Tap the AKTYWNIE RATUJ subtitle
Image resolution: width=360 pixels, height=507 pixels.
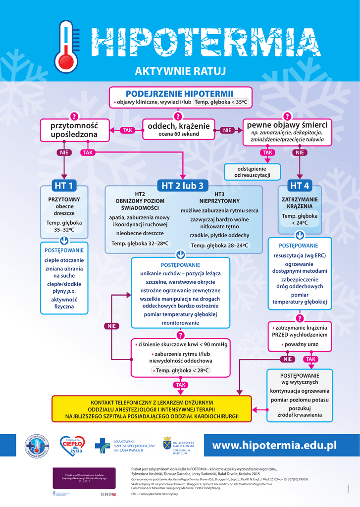[180, 72]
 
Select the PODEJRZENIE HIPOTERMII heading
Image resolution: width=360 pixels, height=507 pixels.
[180, 94]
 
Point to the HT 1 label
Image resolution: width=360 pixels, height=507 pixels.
[64, 186]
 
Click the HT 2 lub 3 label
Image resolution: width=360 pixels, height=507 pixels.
[182, 186]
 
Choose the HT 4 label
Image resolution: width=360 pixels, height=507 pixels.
[299, 186]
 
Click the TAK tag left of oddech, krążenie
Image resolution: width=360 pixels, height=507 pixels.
[127, 130]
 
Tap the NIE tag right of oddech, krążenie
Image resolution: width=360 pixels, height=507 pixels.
[227, 130]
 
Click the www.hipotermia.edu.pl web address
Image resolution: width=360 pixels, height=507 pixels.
[274, 446]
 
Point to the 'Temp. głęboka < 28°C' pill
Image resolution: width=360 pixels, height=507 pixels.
[180, 370]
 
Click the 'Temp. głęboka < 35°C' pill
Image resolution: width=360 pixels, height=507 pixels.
[220, 102]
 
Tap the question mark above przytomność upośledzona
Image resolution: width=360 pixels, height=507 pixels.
[74, 116]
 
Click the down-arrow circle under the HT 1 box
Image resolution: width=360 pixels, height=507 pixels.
[64, 241]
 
